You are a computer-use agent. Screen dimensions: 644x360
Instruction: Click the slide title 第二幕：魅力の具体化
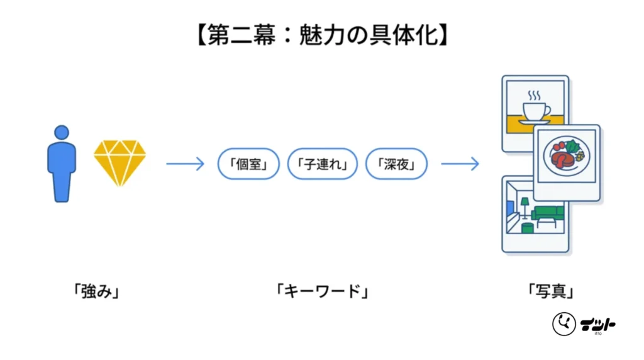pyautogui.click(x=322, y=35)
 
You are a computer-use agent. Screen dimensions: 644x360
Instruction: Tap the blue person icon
pyautogui.click(x=62, y=164)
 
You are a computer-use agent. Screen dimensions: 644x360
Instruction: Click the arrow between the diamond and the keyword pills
pyautogui.click(x=185, y=164)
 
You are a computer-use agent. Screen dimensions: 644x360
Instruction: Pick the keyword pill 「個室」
pyautogui.click(x=248, y=164)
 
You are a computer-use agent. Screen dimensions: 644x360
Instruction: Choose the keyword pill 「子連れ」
pyautogui.click(x=323, y=164)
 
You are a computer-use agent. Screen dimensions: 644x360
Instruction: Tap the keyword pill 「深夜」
pyautogui.click(x=396, y=164)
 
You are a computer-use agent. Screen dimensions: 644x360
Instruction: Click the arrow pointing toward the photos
pyautogui.click(x=460, y=164)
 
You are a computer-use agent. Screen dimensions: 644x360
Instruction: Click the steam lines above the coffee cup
pyautogui.click(x=534, y=95)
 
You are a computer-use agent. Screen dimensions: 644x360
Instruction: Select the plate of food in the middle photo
pyautogui.click(x=567, y=156)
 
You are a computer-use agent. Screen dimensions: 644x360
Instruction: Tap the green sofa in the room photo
pyautogui.click(x=548, y=213)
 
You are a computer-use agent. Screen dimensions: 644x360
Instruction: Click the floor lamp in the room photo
pyautogui.click(x=525, y=208)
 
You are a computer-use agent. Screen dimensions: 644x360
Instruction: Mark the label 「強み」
pyautogui.click(x=96, y=291)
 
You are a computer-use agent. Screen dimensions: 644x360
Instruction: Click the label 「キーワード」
pyautogui.click(x=322, y=291)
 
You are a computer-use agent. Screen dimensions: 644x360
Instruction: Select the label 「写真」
pyautogui.click(x=550, y=291)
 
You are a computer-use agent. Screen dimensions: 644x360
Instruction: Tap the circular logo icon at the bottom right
pyautogui.click(x=564, y=324)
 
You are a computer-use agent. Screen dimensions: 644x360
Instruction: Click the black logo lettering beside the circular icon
pyautogui.click(x=598, y=325)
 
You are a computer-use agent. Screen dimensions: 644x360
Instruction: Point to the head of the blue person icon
pyautogui.click(x=62, y=132)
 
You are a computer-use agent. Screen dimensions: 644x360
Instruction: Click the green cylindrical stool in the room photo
pyautogui.click(x=528, y=228)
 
